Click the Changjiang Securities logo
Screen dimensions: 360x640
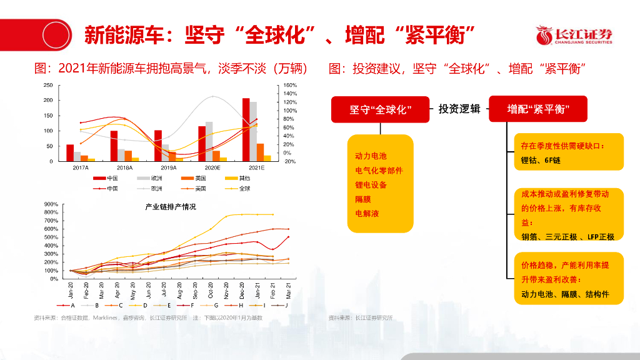(574, 36)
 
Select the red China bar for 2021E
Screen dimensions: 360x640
(246, 129)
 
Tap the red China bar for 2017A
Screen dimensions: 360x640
(70, 152)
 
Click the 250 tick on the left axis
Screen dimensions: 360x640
(47, 85)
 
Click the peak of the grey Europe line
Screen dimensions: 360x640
(213, 96)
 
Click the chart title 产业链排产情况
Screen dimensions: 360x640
(170, 206)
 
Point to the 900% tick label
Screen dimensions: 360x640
(50, 204)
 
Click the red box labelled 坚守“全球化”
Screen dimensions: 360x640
(380, 109)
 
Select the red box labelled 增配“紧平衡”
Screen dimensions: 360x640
(538, 109)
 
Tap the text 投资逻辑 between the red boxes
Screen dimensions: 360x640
(459, 109)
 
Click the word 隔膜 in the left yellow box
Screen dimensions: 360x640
(363, 199)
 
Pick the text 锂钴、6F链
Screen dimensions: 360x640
(541, 161)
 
